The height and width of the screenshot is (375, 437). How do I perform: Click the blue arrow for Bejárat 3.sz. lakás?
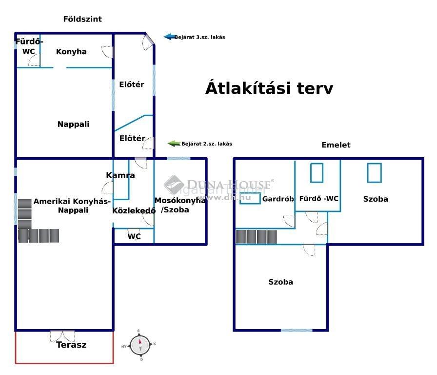(170, 37)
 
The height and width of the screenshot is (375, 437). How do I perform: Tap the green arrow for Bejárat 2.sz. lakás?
(174, 144)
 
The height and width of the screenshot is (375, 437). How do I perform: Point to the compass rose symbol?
(140, 345)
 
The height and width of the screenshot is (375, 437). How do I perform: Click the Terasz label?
(71, 345)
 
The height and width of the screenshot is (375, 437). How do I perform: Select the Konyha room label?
(71, 52)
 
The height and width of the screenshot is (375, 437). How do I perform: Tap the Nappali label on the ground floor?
(73, 124)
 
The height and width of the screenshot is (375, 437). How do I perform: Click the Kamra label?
(120, 175)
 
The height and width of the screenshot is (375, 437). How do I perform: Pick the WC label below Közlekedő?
(134, 236)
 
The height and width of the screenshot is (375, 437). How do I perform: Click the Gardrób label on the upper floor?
(278, 199)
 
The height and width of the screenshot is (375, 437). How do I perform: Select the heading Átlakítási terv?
(269, 88)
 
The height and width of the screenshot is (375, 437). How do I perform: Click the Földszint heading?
(82, 19)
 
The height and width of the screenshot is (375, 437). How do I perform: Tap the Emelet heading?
(336, 145)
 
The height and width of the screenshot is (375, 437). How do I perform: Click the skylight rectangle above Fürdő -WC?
(317, 173)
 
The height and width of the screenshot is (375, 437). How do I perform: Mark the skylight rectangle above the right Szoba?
(374, 173)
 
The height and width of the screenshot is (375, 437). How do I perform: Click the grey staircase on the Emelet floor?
(257, 237)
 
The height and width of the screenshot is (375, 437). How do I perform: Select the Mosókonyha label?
(180, 200)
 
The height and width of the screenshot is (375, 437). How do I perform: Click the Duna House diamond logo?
(174, 185)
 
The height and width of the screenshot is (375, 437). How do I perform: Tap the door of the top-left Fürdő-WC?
(34, 60)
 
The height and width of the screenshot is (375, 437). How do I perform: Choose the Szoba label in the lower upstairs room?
(280, 282)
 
